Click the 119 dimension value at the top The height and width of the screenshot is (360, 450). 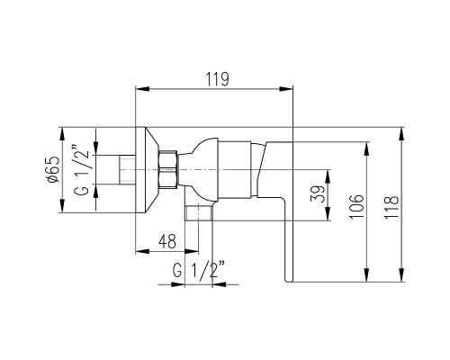(217, 78)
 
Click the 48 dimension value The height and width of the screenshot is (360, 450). (166, 241)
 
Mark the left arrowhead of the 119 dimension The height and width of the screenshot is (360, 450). (138, 88)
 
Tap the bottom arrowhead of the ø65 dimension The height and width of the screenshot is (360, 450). (65, 213)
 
